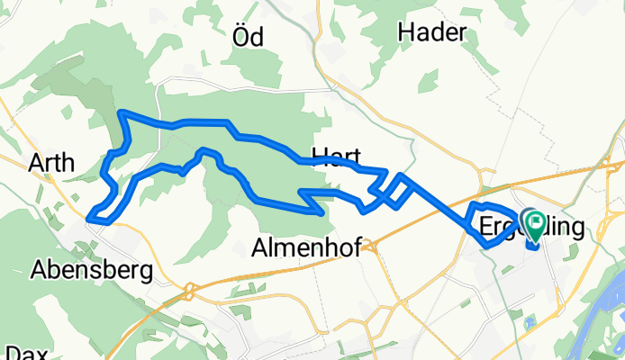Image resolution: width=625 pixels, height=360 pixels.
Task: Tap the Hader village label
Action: click(431, 32)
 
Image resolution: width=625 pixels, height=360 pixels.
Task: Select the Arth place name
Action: click(51, 163)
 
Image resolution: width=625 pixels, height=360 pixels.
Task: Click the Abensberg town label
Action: click(91, 269)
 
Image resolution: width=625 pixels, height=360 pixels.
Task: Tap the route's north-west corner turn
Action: click(122, 112)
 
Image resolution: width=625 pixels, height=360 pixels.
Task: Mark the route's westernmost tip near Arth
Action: click(90, 215)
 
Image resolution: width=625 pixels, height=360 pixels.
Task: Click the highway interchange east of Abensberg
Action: click(189, 290)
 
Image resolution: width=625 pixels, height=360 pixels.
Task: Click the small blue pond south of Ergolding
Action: click(529, 321)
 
